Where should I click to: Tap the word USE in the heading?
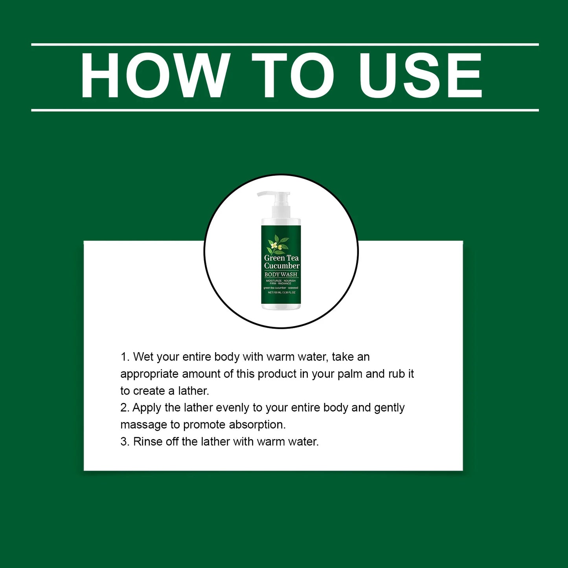coord(420,75)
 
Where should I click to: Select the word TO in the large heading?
coord(292,75)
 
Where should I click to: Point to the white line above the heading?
coord(285,44)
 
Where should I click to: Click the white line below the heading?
coord(285,110)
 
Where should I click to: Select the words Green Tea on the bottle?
coord(281,258)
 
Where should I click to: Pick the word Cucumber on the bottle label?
coord(281,266)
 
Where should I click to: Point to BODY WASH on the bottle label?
coord(281,274)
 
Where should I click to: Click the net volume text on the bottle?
coord(281,292)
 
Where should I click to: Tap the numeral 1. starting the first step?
coord(125,357)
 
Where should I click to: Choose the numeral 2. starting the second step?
coord(125,408)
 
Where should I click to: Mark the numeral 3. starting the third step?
coord(125,442)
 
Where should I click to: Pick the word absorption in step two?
coord(257,425)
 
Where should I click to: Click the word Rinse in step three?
coord(147,442)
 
